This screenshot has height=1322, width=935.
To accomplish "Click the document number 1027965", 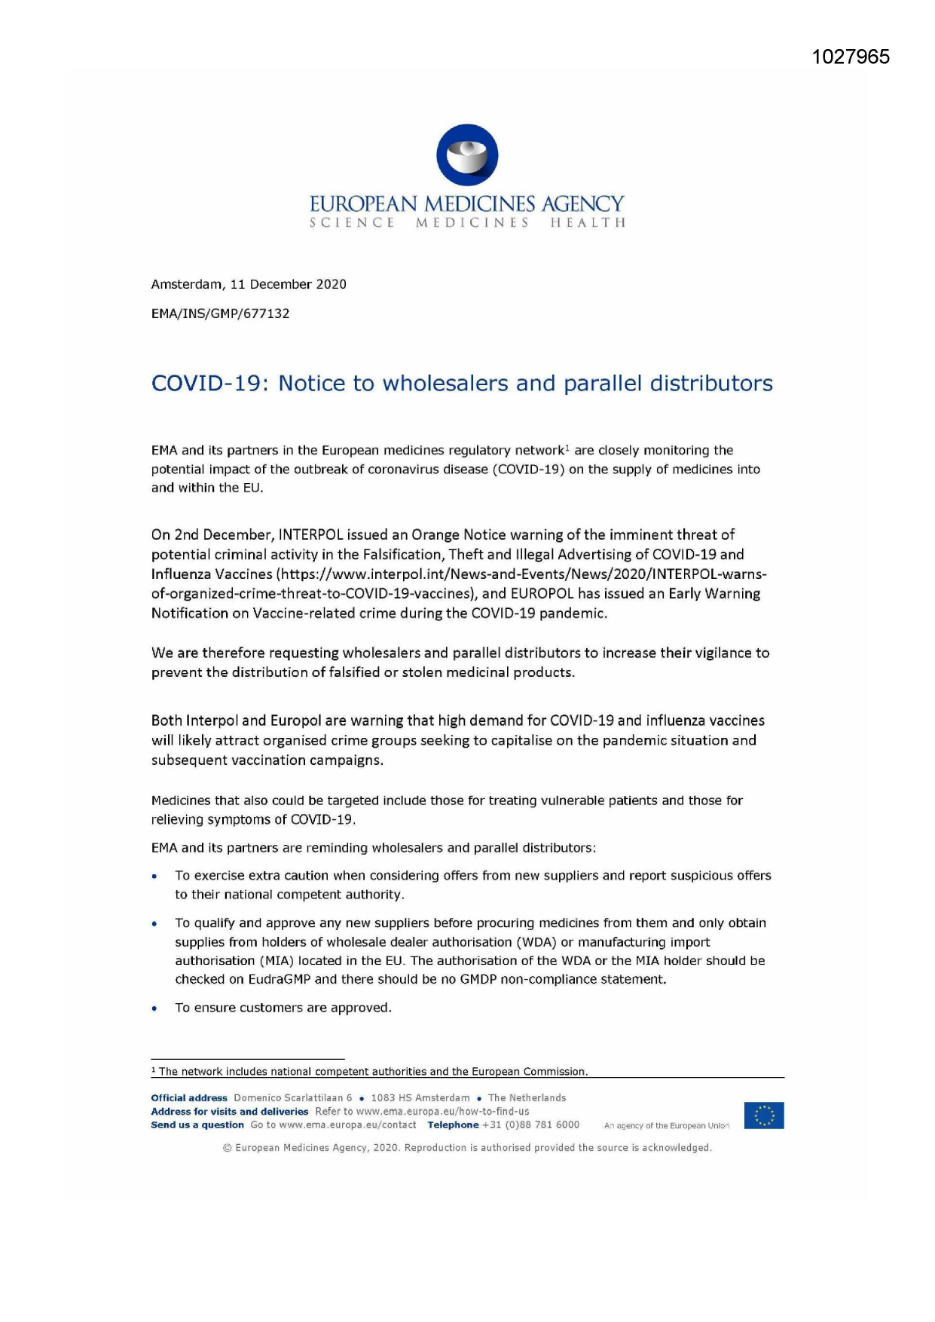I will tap(851, 57).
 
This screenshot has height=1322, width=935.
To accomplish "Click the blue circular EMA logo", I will tap(467, 155).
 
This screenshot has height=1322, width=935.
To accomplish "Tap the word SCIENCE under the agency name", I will tap(352, 223).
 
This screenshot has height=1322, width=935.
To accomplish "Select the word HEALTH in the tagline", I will tap(588, 223).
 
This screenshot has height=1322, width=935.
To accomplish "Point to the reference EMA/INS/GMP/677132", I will tap(220, 314).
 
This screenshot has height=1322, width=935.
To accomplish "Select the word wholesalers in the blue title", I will tap(445, 384).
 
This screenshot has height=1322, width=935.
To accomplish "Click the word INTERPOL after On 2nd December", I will tap(310, 535).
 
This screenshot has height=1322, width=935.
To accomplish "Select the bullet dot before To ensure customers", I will tap(154, 1009).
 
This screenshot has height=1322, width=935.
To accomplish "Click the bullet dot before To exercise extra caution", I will tap(154, 877).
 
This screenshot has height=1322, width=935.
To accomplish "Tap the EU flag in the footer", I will tap(764, 1115).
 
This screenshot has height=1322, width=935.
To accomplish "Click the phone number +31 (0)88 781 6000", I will tap(531, 1125).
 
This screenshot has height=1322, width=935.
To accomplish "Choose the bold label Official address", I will tap(189, 1098).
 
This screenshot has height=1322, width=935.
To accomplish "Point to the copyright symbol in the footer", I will tap(227, 1148).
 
